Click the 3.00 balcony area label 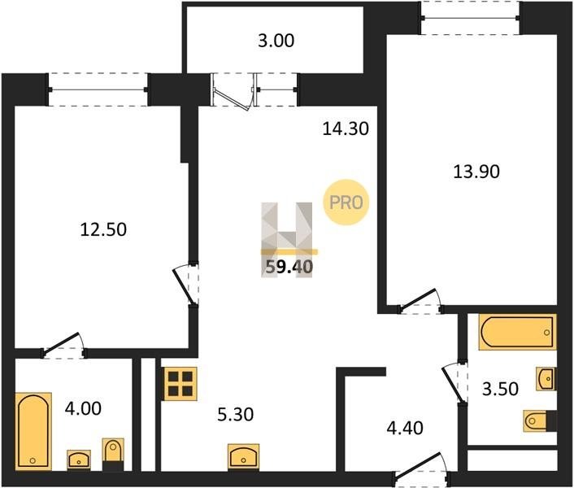276,41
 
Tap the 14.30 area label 346,129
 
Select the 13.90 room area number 476,172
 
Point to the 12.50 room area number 103,229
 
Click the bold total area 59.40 289,267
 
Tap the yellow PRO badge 346,202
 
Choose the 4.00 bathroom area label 83,408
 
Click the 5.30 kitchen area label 236,415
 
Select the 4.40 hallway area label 405,428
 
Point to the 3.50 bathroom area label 500,389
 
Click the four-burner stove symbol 180,384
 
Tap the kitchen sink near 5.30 243,455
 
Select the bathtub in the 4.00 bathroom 33,431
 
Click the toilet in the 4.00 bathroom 113,455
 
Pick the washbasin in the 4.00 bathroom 79,459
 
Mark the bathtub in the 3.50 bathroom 518,332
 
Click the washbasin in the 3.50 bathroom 546,379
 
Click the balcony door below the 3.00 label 233,91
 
